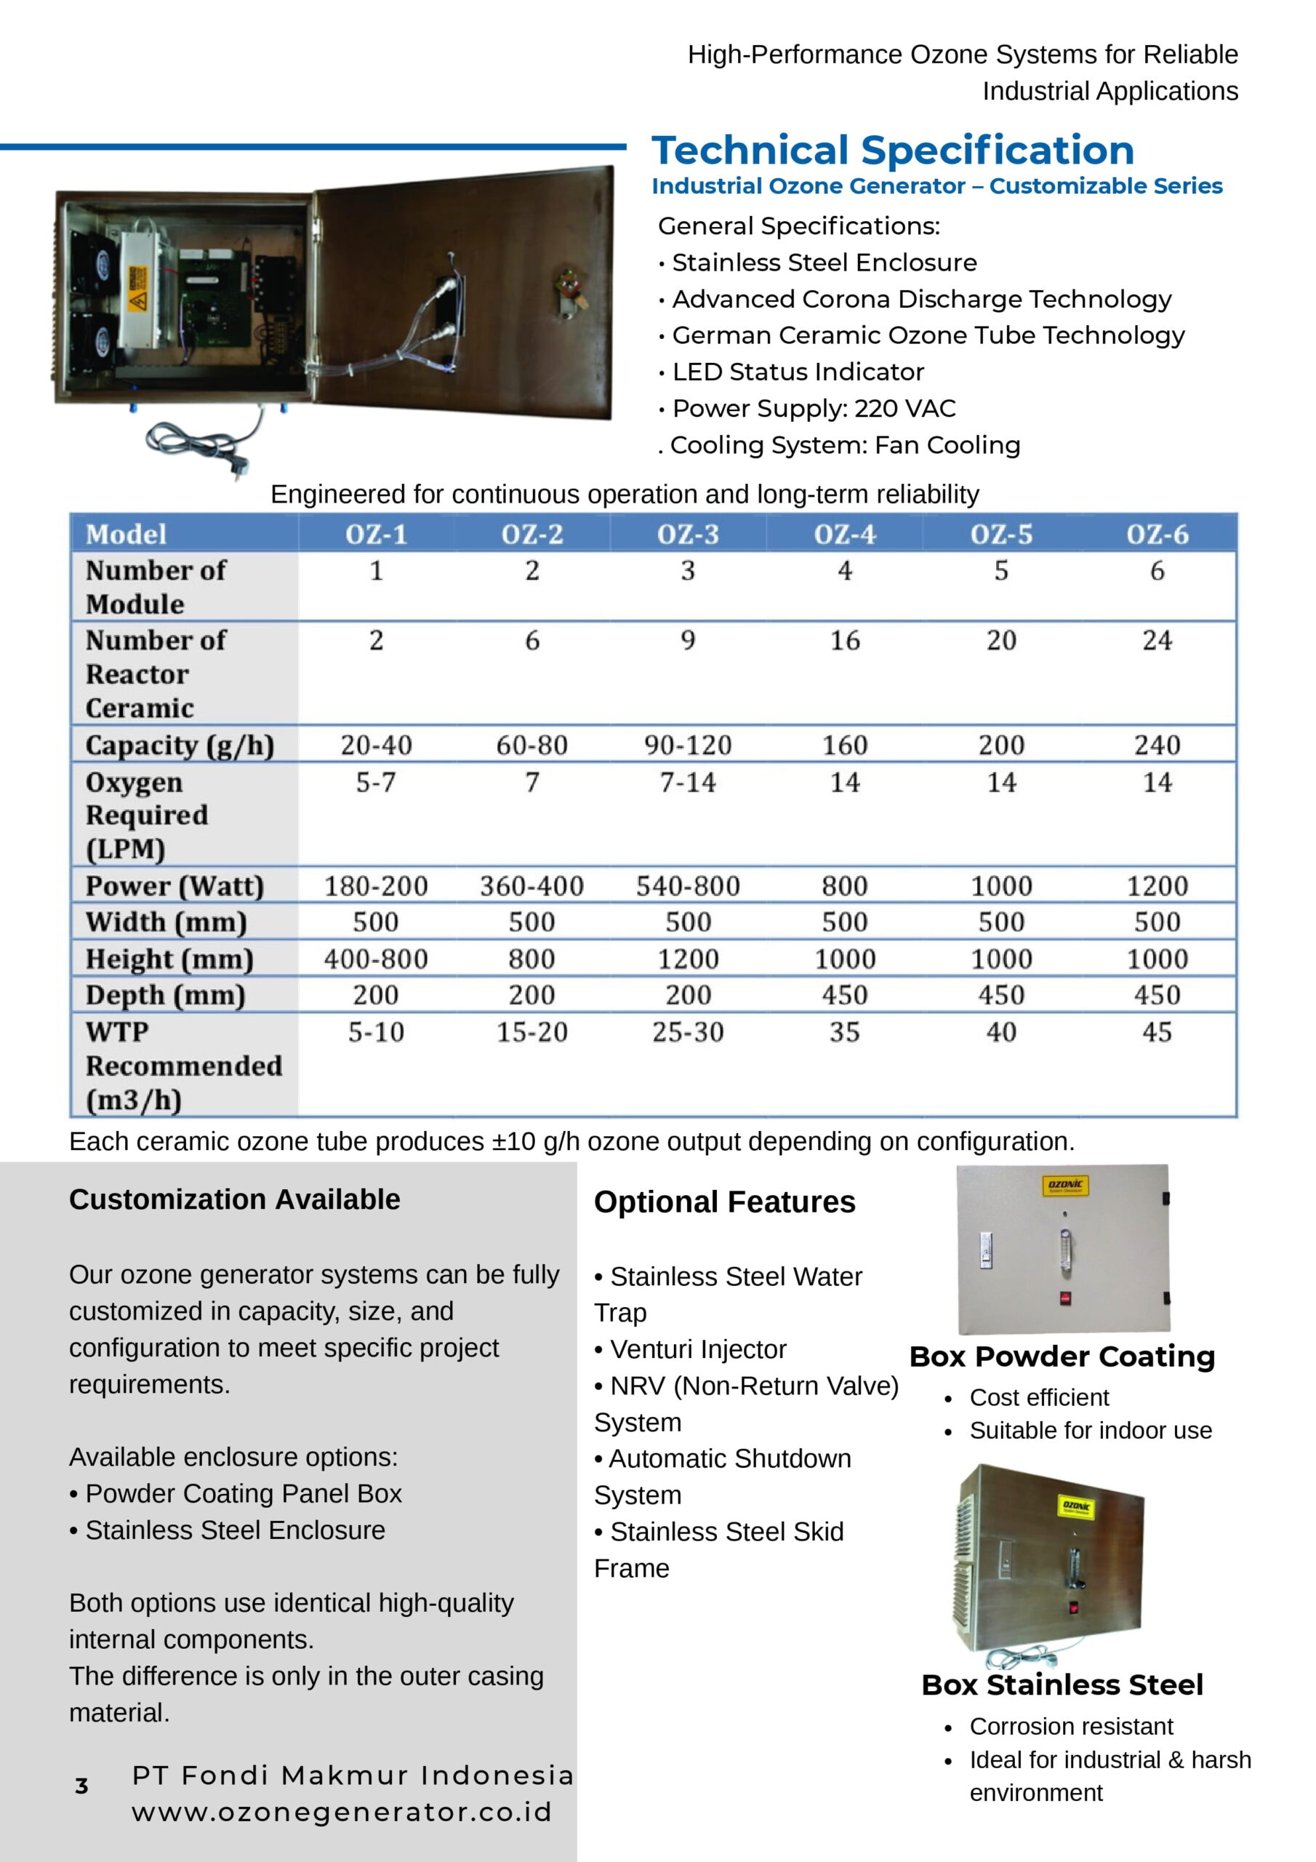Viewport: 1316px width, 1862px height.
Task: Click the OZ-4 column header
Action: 844,535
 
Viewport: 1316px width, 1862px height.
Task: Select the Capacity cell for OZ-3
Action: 688,745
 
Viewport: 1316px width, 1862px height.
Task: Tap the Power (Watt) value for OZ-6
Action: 1157,886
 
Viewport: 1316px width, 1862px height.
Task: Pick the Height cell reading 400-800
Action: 375,959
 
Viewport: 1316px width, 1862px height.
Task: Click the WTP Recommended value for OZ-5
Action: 1000,1031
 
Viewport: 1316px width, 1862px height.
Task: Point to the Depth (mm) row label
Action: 166,995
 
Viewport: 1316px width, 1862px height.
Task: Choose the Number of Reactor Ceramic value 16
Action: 844,641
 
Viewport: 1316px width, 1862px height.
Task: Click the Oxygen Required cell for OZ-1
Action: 375,783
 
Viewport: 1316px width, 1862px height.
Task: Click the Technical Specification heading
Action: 892,151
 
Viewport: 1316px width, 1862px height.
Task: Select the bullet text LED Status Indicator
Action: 798,372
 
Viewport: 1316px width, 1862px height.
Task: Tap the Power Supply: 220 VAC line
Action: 814,409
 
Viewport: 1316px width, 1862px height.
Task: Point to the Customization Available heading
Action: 234,1199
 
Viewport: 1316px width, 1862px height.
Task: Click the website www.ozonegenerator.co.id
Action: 342,1813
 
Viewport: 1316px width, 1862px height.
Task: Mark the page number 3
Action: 81,1786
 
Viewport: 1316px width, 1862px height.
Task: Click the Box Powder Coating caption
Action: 1062,1356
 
